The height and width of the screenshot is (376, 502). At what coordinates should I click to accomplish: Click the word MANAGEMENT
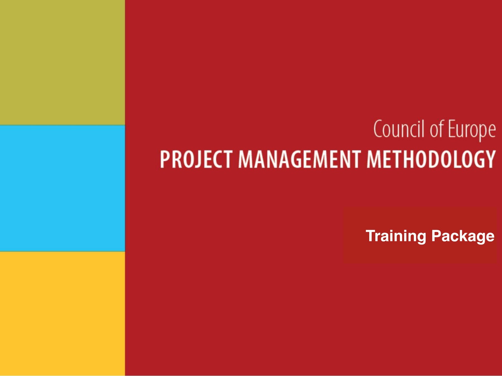300,159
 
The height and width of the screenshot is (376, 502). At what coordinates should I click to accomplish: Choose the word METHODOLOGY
431,159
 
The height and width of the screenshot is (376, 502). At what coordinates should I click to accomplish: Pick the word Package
463,236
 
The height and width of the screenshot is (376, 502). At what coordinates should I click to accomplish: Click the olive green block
62,62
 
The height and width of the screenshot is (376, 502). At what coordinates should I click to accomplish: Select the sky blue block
62,188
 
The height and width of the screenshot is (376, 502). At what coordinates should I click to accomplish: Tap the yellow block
62,314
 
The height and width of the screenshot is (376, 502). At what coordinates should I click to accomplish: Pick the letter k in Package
464,236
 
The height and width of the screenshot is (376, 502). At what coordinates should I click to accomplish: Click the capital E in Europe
452,129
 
